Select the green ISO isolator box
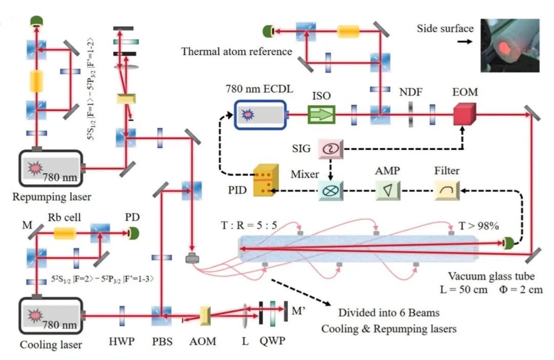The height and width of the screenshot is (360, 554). click(321, 114)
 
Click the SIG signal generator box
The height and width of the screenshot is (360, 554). click(330, 148)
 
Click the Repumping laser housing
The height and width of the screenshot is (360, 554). click(50, 168)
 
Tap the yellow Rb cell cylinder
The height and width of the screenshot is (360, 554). click(65, 234)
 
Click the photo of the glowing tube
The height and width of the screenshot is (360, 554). click(509, 45)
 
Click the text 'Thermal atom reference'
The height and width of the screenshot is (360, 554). click(236, 52)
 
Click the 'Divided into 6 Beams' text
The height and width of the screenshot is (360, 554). click(388, 313)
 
